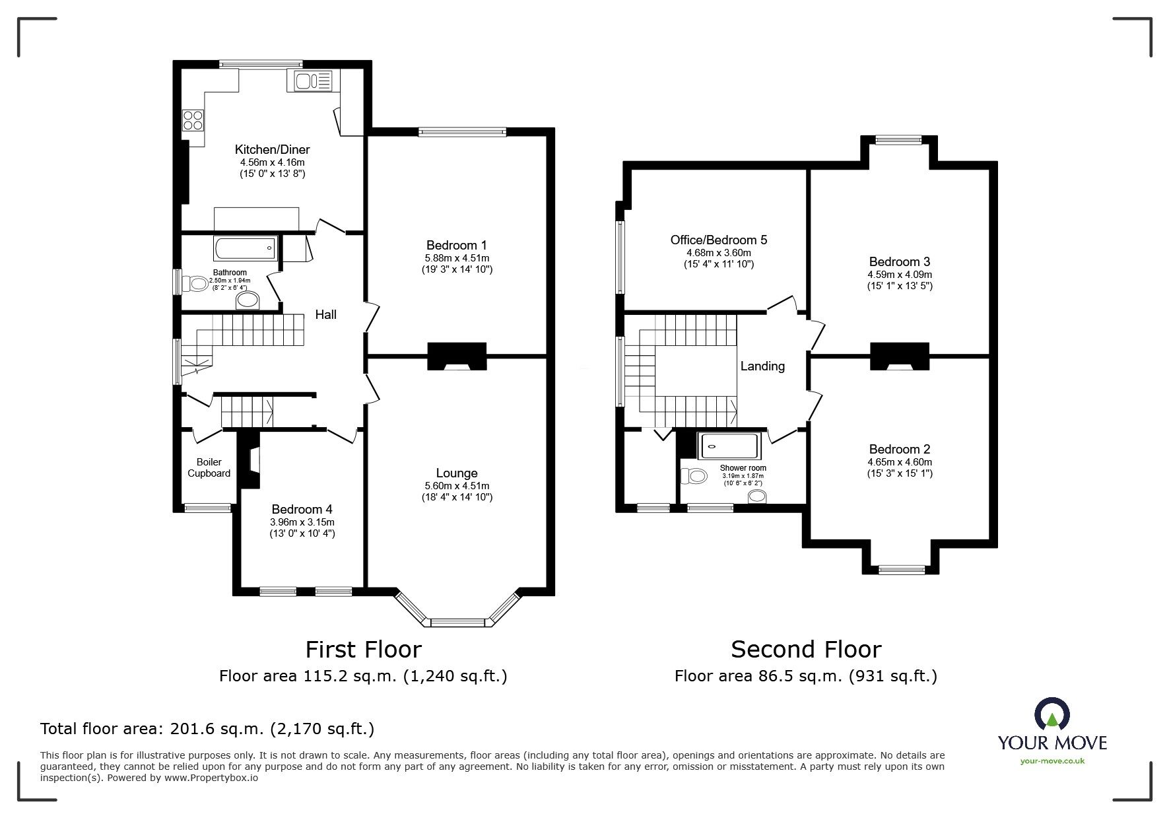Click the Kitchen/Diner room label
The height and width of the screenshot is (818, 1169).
tap(272, 150)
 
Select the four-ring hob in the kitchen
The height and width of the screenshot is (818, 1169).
tap(193, 119)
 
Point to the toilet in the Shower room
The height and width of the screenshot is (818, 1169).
tap(694, 475)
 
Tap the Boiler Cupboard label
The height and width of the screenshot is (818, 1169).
tap(209, 467)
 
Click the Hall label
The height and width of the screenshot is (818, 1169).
tap(325, 315)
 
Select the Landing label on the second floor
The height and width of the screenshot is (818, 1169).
tap(762, 366)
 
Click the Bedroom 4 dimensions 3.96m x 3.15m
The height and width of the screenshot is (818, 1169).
tap(302, 522)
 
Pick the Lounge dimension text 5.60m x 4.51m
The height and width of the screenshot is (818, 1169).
tap(457, 486)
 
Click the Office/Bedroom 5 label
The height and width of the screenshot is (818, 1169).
tap(719, 240)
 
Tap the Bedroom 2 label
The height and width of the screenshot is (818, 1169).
tap(900, 449)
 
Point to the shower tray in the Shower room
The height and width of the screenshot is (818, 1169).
tap(731, 446)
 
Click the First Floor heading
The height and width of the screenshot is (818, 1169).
tap(363, 650)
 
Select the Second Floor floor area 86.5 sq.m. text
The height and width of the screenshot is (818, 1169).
tap(805, 676)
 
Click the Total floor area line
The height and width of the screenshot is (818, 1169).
tap(207, 729)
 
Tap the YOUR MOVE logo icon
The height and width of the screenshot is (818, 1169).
tap(1052, 713)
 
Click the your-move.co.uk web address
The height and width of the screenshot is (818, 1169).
tap(1052, 761)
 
